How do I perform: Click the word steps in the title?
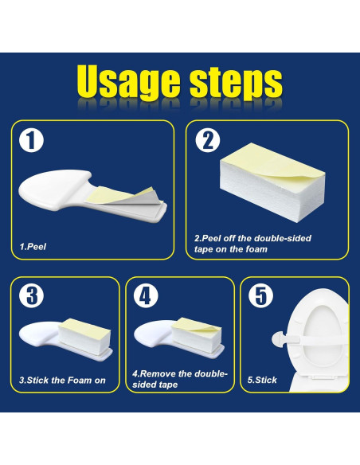(x=237, y=84)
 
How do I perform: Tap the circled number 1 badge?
(x=31, y=141)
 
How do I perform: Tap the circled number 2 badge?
(x=208, y=141)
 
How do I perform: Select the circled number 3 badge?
(x=31, y=295)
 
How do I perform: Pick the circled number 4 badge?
(x=146, y=295)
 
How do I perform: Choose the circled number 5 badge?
(x=260, y=295)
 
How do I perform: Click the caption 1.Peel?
(x=33, y=247)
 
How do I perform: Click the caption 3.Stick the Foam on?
(x=62, y=380)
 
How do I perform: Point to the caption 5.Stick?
(x=262, y=380)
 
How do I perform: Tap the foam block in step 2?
(x=272, y=182)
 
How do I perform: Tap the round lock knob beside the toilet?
(x=280, y=338)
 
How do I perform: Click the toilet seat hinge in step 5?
(x=323, y=378)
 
